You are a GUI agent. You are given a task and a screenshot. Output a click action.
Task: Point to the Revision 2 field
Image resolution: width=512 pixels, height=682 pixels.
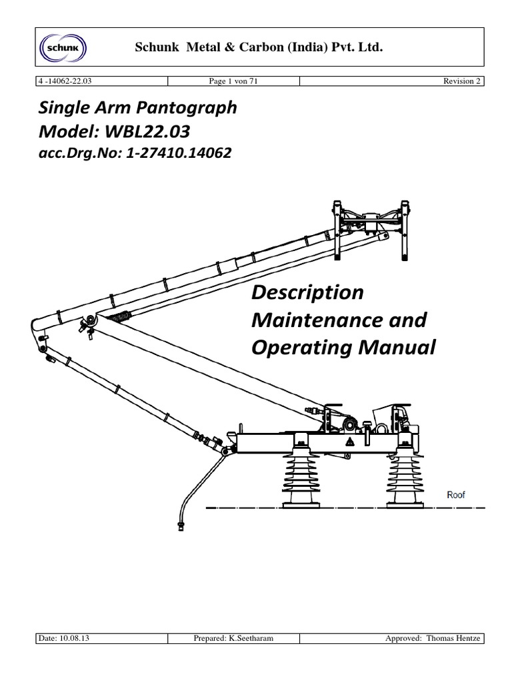462,81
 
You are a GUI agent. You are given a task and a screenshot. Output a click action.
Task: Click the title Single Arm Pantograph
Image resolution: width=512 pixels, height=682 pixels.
134,108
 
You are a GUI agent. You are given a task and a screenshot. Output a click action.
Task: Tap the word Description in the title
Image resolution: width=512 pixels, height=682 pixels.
307,292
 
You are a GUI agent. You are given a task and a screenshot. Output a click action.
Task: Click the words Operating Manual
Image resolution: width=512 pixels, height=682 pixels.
343,348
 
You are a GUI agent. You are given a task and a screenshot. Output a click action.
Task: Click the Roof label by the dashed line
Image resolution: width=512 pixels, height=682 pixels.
455,495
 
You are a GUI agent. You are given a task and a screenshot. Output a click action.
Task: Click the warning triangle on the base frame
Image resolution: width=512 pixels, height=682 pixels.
348,442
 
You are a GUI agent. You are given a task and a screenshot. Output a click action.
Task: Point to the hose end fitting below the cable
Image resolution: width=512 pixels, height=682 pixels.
180,525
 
